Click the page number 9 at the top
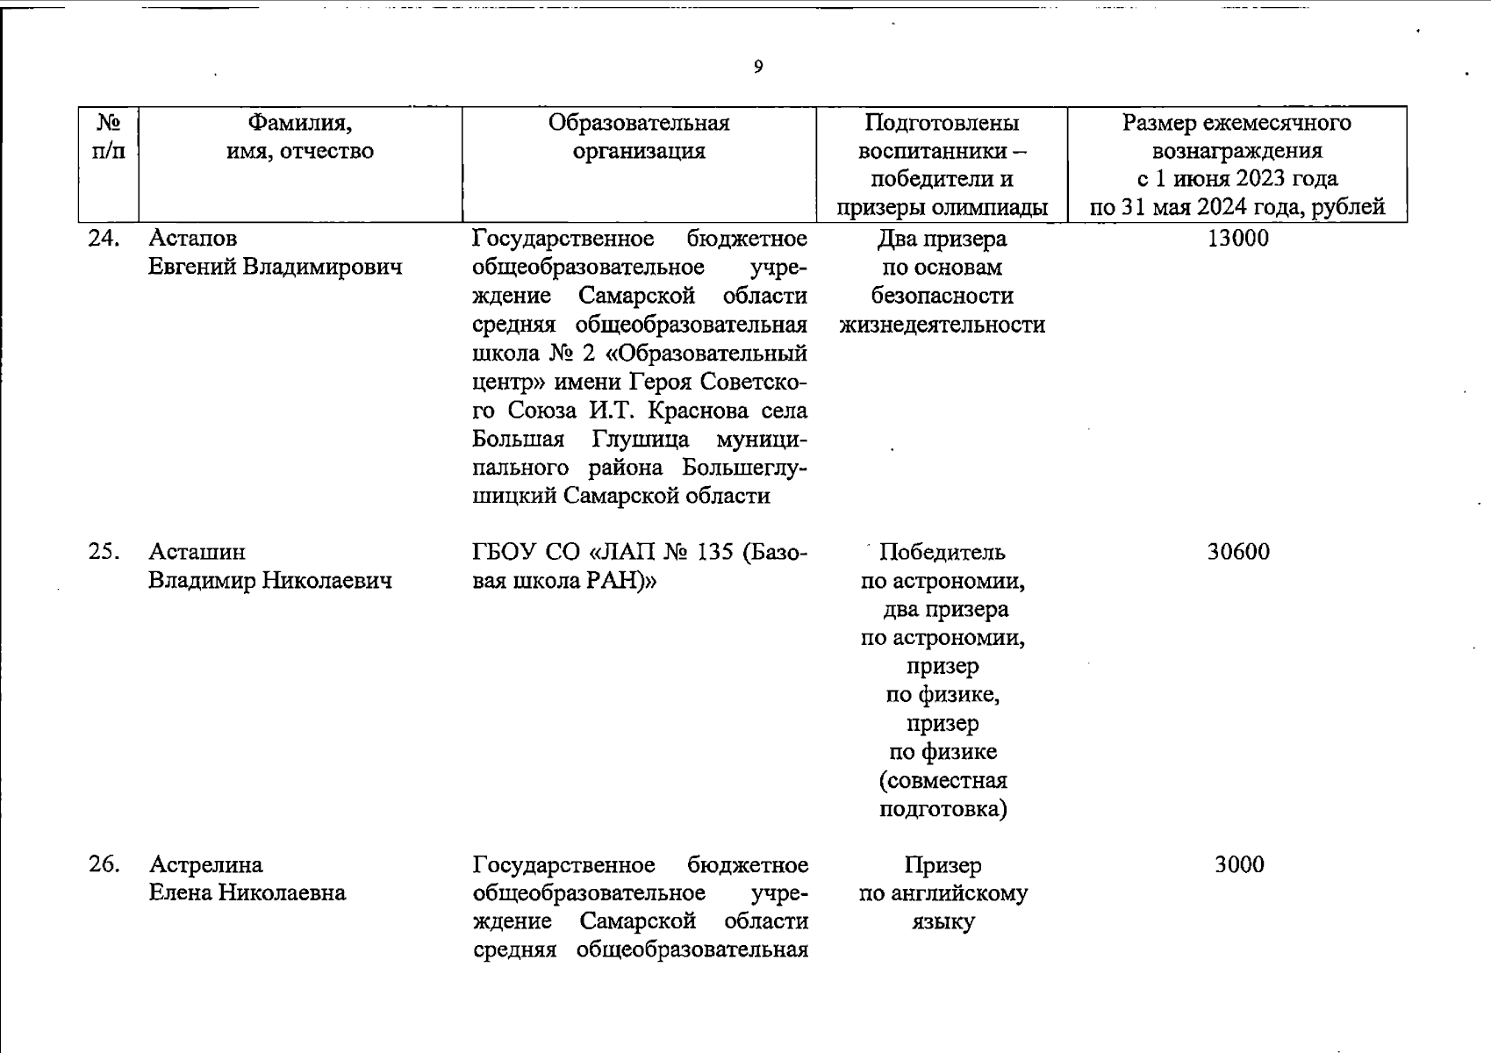758,67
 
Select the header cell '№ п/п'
108,136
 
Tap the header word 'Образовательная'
638,122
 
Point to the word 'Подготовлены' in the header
942,122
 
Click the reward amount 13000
1237,239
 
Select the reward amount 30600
1237,552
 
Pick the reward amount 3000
1239,865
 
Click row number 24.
104,239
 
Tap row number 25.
104,552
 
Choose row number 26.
104,865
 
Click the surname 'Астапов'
193,239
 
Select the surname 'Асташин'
197,552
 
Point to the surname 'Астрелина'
206,865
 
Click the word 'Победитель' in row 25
942,552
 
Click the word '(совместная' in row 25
943,780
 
